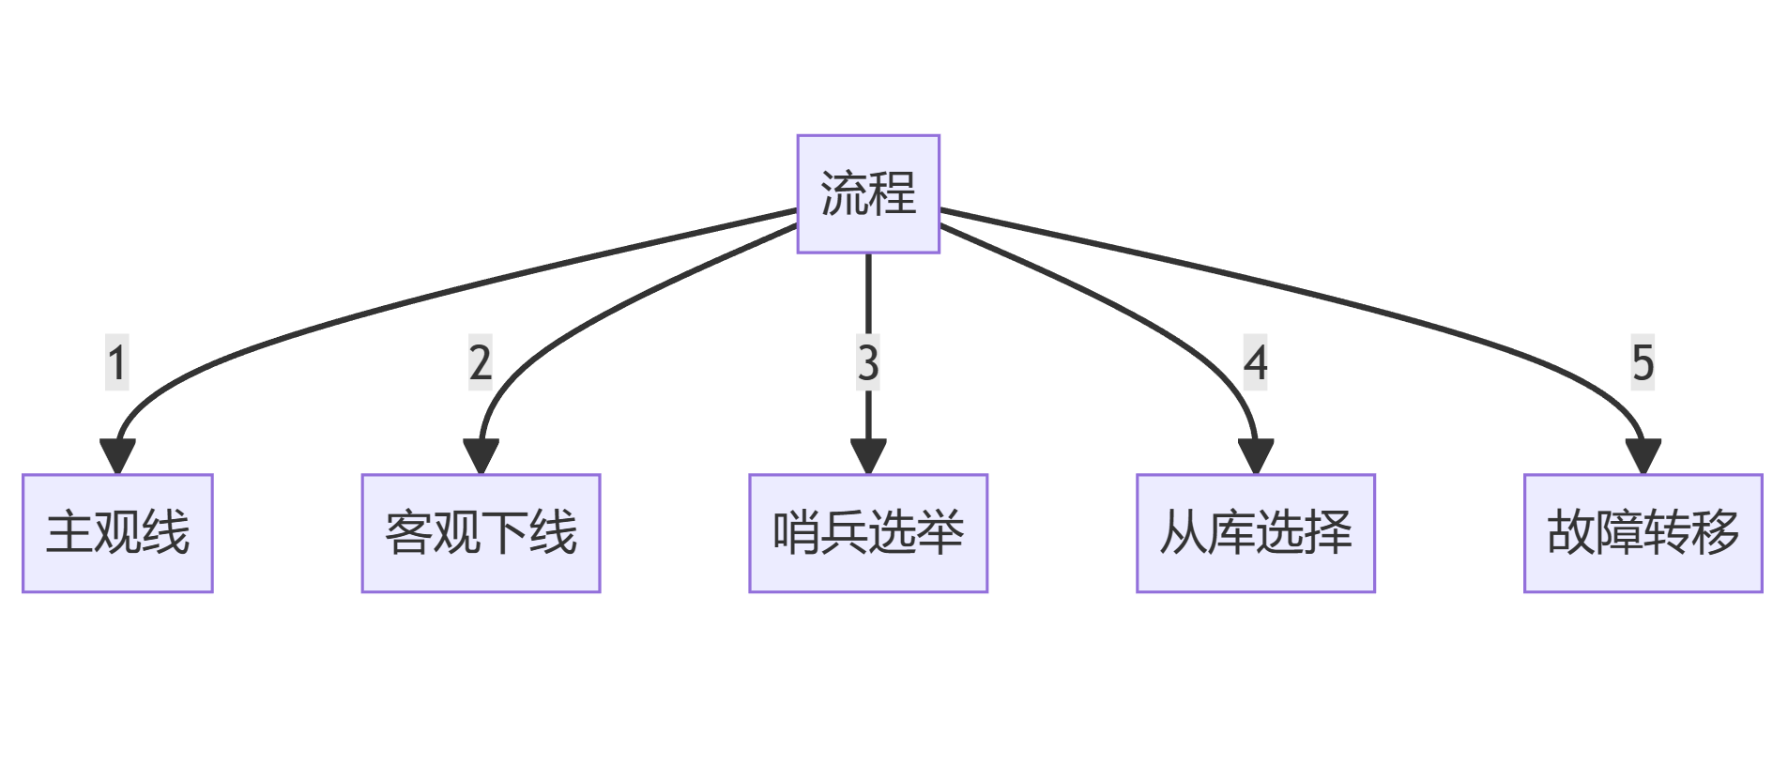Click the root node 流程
867,193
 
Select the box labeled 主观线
117,532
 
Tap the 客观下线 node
481,532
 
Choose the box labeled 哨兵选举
867,532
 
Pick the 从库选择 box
1255,532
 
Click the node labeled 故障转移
1643,532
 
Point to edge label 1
116,362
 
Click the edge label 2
481,362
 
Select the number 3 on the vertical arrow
868,362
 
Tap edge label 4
1256,362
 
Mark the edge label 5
1643,362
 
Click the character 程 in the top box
893,193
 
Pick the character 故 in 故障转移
1570,532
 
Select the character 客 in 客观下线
408,532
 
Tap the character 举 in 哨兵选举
940,532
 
